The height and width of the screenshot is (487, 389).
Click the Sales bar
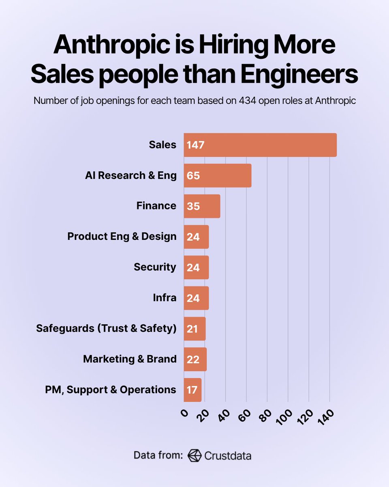click(x=260, y=145)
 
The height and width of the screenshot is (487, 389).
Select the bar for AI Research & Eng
click(x=218, y=176)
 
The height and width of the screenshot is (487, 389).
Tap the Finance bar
click(x=202, y=206)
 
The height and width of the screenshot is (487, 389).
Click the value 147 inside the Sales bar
click(x=196, y=145)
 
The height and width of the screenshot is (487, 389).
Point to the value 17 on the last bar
click(x=192, y=390)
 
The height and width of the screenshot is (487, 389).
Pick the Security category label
click(x=155, y=267)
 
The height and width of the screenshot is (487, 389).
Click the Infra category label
click(x=165, y=298)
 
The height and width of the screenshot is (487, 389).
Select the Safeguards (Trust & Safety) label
click(x=106, y=328)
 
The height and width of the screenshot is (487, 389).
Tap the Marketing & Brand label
click(x=130, y=359)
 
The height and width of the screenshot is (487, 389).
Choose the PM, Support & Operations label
click(x=110, y=390)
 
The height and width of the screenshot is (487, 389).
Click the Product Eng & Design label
click(x=122, y=237)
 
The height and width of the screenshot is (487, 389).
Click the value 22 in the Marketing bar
click(x=193, y=359)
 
